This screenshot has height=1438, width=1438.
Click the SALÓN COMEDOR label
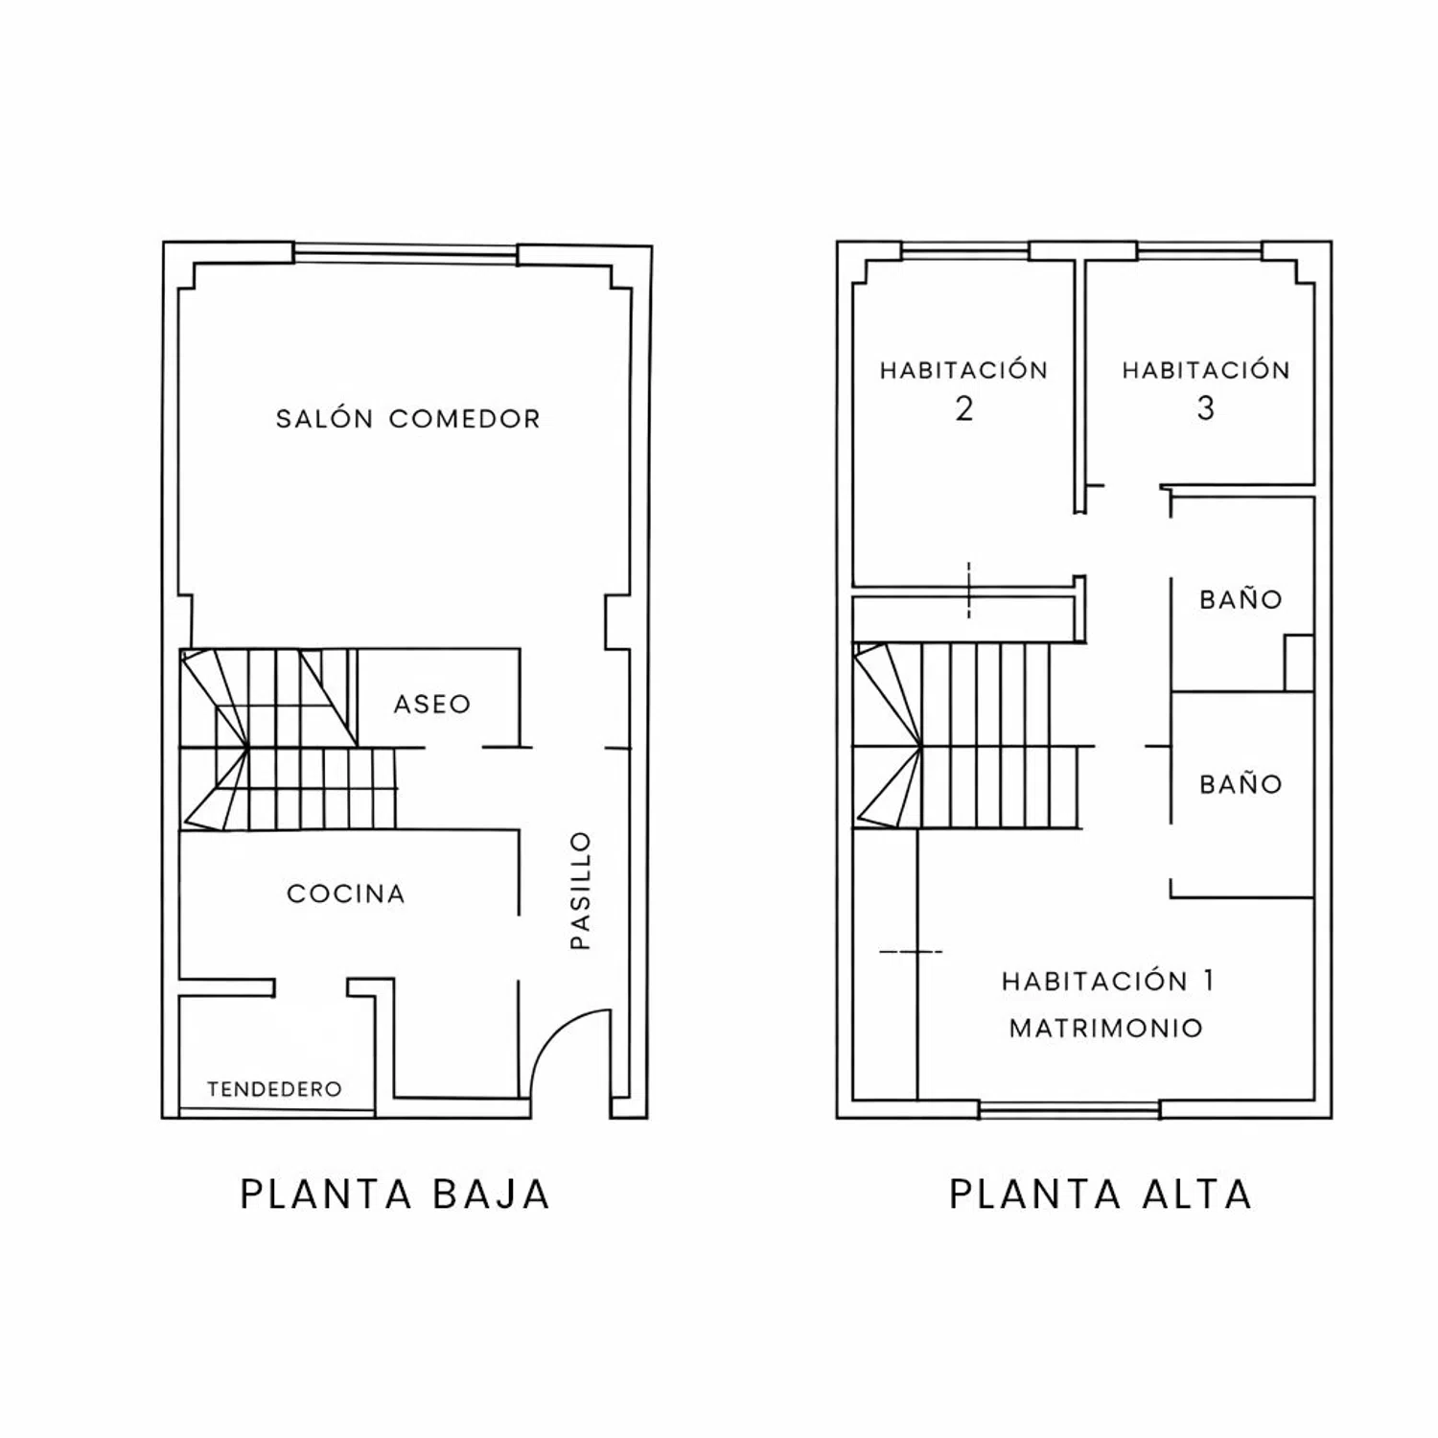[408, 418]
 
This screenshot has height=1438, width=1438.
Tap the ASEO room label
[432, 704]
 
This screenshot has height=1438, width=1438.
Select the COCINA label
[346, 893]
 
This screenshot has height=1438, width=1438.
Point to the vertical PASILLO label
[581, 891]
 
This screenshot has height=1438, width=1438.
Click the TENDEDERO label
[274, 1089]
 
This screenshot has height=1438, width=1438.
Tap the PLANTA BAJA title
[395, 1194]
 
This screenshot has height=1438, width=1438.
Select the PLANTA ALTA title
[1101, 1194]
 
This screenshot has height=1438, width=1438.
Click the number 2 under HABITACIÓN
[964, 408]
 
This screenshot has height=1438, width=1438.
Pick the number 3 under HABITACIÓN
[1206, 408]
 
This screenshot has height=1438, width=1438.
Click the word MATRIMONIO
[1106, 1029]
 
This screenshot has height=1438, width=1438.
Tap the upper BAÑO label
[1241, 600]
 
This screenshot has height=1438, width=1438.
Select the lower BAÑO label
[1241, 784]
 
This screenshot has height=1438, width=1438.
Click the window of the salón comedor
[406, 253]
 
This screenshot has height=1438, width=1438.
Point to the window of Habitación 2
[965, 252]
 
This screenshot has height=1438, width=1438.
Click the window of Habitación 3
[1199, 252]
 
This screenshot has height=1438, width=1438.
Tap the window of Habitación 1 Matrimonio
[1070, 1110]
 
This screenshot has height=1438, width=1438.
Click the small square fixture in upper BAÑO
[1299, 662]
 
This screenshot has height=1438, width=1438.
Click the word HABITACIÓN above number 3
[1206, 370]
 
